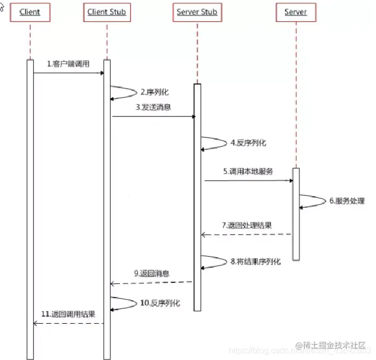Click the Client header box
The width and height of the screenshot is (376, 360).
[30, 12]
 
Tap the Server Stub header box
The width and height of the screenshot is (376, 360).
[197, 12]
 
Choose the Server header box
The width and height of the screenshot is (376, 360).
[296, 12]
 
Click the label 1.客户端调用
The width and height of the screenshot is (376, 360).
[68, 64]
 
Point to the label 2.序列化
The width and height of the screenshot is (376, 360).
[154, 92]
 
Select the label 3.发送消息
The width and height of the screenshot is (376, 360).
[153, 107]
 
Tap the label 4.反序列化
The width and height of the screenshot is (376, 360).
[248, 142]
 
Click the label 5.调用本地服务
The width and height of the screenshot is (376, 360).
[248, 171]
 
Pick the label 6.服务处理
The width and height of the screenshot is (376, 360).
[347, 200]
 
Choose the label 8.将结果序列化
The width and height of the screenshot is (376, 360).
[256, 261]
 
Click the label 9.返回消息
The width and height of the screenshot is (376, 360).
[152, 273]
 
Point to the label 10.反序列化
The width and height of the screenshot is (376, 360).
[160, 303]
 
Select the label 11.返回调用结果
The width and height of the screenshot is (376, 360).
[69, 314]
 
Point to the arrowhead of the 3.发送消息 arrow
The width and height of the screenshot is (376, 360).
[193, 116]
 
